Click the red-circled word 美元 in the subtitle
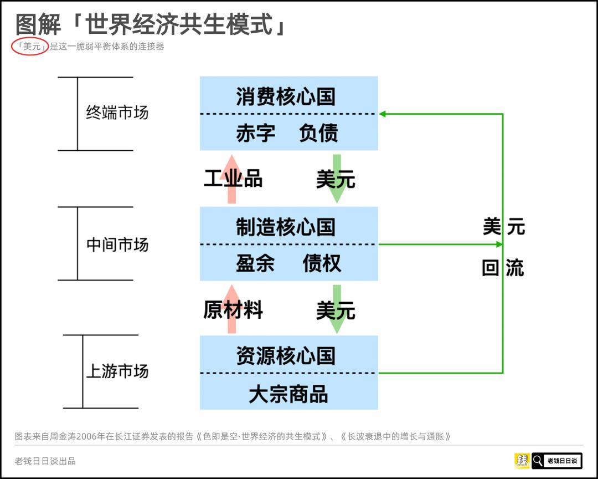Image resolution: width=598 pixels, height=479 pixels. click(30, 47)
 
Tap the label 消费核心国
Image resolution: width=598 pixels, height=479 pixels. click(286, 96)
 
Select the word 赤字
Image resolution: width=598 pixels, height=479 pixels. click(255, 134)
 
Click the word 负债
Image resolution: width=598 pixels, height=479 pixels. click(318, 134)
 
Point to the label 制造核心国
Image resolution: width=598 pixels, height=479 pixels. click(286, 227)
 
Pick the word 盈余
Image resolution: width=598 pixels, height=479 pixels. click(255, 264)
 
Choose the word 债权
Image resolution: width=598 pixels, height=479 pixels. click(322, 264)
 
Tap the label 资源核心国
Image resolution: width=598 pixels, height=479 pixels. click(286, 356)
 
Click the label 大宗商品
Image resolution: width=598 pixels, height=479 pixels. click(288, 394)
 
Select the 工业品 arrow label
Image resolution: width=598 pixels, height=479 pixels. click(233, 179)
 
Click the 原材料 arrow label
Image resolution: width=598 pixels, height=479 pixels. click(233, 310)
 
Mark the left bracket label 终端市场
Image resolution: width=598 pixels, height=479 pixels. click(117, 113)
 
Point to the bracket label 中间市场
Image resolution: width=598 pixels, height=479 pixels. click(117, 244)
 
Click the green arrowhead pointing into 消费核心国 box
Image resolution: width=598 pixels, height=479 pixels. click(383, 114)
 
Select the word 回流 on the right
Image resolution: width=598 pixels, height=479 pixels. click(503, 268)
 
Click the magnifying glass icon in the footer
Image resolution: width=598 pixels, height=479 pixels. click(538, 460)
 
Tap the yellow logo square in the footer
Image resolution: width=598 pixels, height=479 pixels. click(522, 460)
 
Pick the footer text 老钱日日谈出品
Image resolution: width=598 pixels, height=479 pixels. click(45, 461)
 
